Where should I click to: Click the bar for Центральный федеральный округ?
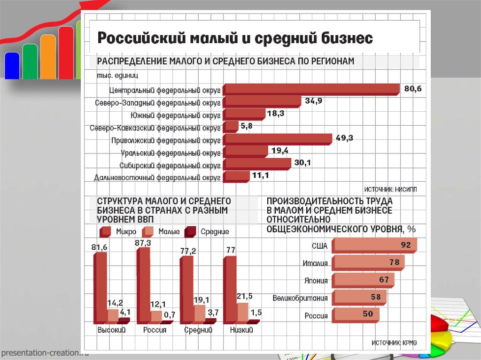pos(311,89)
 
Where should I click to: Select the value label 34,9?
pos(313,101)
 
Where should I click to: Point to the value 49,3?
pos(344,138)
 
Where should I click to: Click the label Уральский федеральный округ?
pos(171,153)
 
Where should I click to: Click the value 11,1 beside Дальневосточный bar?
pos(260,176)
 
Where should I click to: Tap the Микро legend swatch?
pos(105,231)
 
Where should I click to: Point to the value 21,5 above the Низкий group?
pos(244,296)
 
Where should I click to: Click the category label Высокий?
pos(111,330)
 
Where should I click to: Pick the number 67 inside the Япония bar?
pos(384,280)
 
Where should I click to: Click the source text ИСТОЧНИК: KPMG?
pos(394,343)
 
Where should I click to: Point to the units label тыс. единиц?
pos(117,75)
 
